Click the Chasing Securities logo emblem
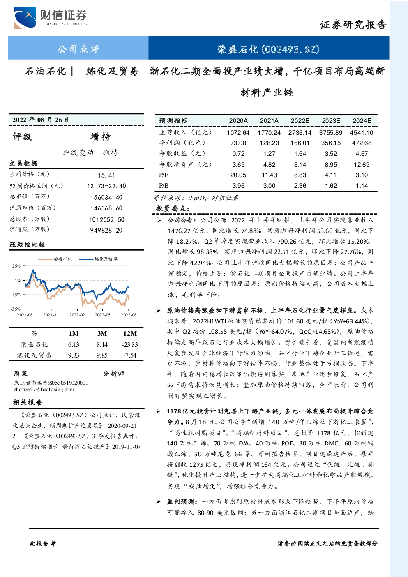tap(25, 18)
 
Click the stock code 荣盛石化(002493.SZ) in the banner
tap(268, 49)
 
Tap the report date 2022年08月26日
tap(40, 120)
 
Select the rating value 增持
tap(100, 136)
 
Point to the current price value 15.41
tap(106, 175)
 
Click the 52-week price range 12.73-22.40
tap(106, 186)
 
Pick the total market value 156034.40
tap(106, 198)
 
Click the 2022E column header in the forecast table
tap(300, 121)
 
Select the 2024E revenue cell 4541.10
tap(362, 133)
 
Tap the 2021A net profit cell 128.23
tap(269, 143)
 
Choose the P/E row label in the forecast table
tap(164, 175)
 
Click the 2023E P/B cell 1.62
tap(331, 186)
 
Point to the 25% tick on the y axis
tap(16, 266)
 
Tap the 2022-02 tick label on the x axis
tap(77, 315)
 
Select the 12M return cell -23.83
tap(130, 345)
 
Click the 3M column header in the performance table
tap(102, 334)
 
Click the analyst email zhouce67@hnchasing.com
tap(44, 390)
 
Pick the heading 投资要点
tap(173, 208)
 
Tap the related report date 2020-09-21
tap(122, 426)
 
